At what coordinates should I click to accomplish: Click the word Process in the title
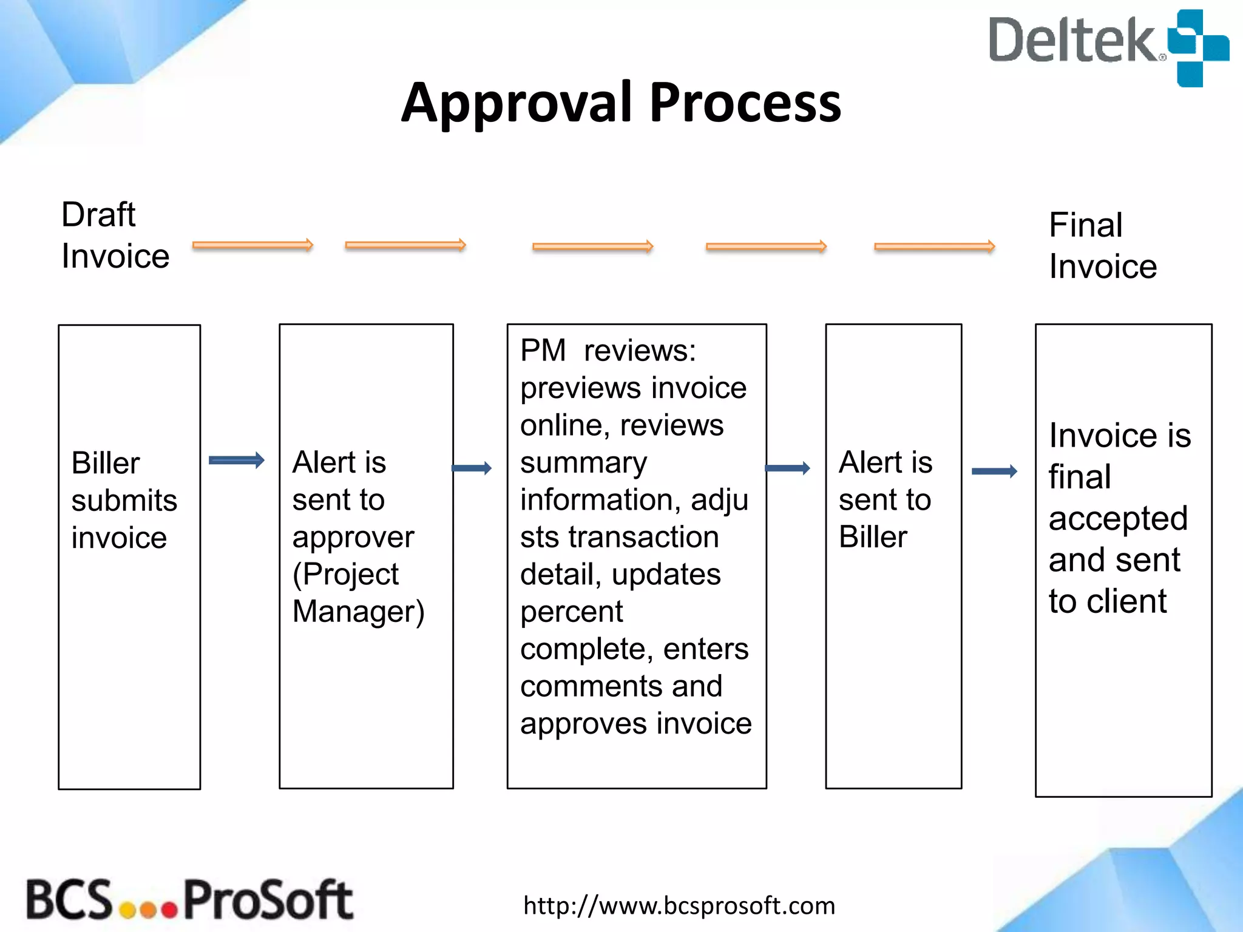click(x=745, y=103)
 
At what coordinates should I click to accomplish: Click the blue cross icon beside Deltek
click(x=1198, y=48)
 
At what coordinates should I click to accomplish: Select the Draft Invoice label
click(x=115, y=235)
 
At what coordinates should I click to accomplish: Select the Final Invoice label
click(x=1102, y=246)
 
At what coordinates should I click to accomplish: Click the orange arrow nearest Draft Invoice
click(x=252, y=245)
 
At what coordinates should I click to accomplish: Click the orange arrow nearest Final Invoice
click(x=934, y=246)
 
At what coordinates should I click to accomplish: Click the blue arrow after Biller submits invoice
click(x=236, y=461)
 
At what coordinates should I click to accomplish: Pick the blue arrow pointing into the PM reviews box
click(x=472, y=468)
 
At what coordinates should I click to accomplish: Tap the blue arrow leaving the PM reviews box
click(x=787, y=468)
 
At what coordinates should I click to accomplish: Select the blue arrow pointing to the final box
click(x=994, y=471)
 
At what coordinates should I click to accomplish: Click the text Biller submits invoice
click(x=124, y=501)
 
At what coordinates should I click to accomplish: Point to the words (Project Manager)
click(x=357, y=593)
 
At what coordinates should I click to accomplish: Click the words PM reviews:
click(x=608, y=351)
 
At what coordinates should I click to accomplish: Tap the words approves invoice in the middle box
click(x=635, y=724)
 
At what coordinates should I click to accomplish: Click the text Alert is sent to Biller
click(x=885, y=499)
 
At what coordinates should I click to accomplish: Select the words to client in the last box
click(x=1107, y=601)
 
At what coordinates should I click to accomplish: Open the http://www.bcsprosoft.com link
click(x=679, y=906)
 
